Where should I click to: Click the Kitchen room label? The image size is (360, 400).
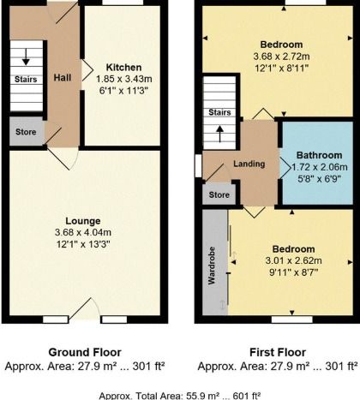(x=123, y=68)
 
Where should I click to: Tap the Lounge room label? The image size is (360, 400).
(x=83, y=221)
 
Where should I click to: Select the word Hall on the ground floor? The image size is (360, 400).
(x=63, y=78)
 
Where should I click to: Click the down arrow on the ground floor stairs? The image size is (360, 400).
(x=26, y=57)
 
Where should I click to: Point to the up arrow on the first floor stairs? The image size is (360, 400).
(x=219, y=134)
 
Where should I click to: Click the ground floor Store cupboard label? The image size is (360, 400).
(x=26, y=132)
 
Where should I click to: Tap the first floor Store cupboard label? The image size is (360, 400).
(x=219, y=195)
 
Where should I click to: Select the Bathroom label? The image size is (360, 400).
(x=319, y=155)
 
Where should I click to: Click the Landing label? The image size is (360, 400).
(x=249, y=164)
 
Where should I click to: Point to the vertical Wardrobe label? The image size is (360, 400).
(x=212, y=266)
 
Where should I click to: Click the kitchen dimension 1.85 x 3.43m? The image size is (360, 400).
(x=124, y=79)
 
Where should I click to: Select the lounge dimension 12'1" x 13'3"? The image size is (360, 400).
(x=83, y=244)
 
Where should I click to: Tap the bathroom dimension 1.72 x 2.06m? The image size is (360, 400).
(x=320, y=167)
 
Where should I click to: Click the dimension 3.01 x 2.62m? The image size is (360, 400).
(x=294, y=260)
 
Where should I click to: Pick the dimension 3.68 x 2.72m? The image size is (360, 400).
(x=281, y=57)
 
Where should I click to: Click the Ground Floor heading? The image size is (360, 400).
(x=85, y=352)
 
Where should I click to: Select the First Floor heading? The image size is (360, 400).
(x=278, y=352)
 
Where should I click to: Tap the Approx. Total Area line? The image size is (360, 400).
(x=180, y=396)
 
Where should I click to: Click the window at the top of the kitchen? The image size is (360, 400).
(x=123, y=3)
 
